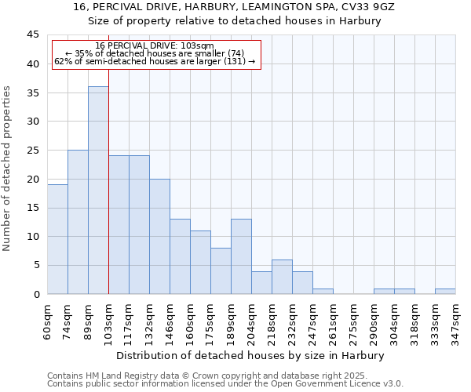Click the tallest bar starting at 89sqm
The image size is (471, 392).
click(98, 191)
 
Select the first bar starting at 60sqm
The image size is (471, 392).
click(57, 239)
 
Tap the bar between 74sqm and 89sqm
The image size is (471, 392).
click(78, 222)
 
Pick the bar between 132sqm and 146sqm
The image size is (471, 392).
click(159, 236)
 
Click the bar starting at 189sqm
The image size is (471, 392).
click(241, 256)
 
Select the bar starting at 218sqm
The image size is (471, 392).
click(282, 277)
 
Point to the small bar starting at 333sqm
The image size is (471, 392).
click(445, 291)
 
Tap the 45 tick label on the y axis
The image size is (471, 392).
click(33, 35)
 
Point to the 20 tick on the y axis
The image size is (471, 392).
click(33, 179)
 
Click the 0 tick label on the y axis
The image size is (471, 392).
click(36, 294)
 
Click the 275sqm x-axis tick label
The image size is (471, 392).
click(354, 321)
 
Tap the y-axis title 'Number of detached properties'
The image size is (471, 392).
click(8, 169)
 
